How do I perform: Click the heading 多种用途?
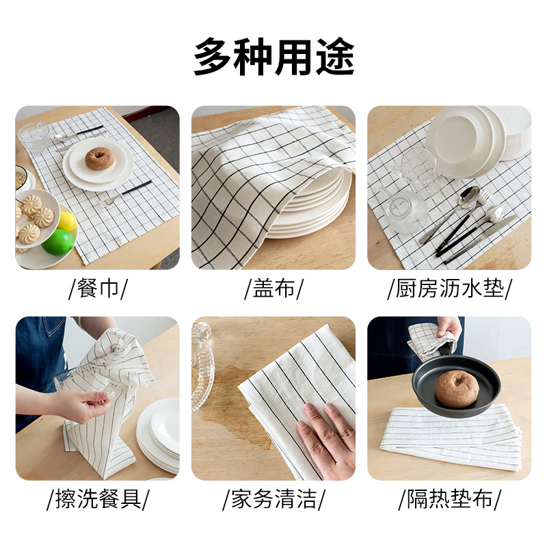pyautogui.click(x=274, y=57)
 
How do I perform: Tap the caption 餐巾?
pyautogui.click(x=98, y=288)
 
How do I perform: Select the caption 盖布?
pyautogui.click(x=273, y=288)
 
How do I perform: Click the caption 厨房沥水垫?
pyautogui.click(x=450, y=288)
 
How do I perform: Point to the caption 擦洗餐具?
pyautogui.click(x=98, y=499)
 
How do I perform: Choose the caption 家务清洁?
pyautogui.click(x=274, y=499)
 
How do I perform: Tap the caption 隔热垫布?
pyautogui.click(x=450, y=499)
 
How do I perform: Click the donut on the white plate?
pyautogui.click(x=100, y=159)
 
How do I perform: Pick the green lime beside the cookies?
pyautogui.click(x=58, y=242)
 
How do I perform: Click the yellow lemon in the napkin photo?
pyautogui.click(x=67, y=221)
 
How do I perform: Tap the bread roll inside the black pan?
pyautogui.click(x=457, y=388)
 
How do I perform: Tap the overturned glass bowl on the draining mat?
pyautogui.click(x=407, y=211)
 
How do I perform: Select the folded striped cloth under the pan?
pyautogui.click(x=451, y=436)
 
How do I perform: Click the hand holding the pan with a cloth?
pyautogui.click(x=449, y=328)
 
